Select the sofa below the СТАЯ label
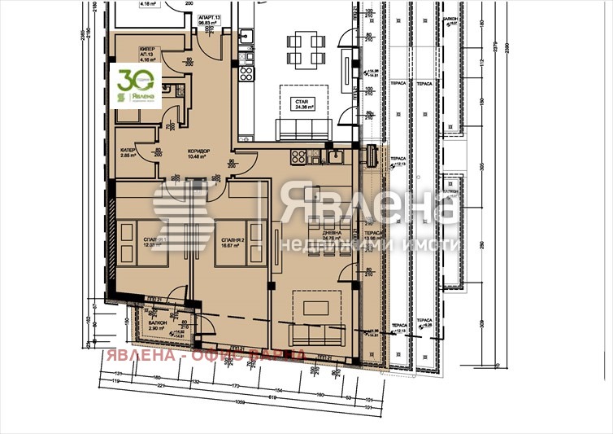(x=302, y=129)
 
